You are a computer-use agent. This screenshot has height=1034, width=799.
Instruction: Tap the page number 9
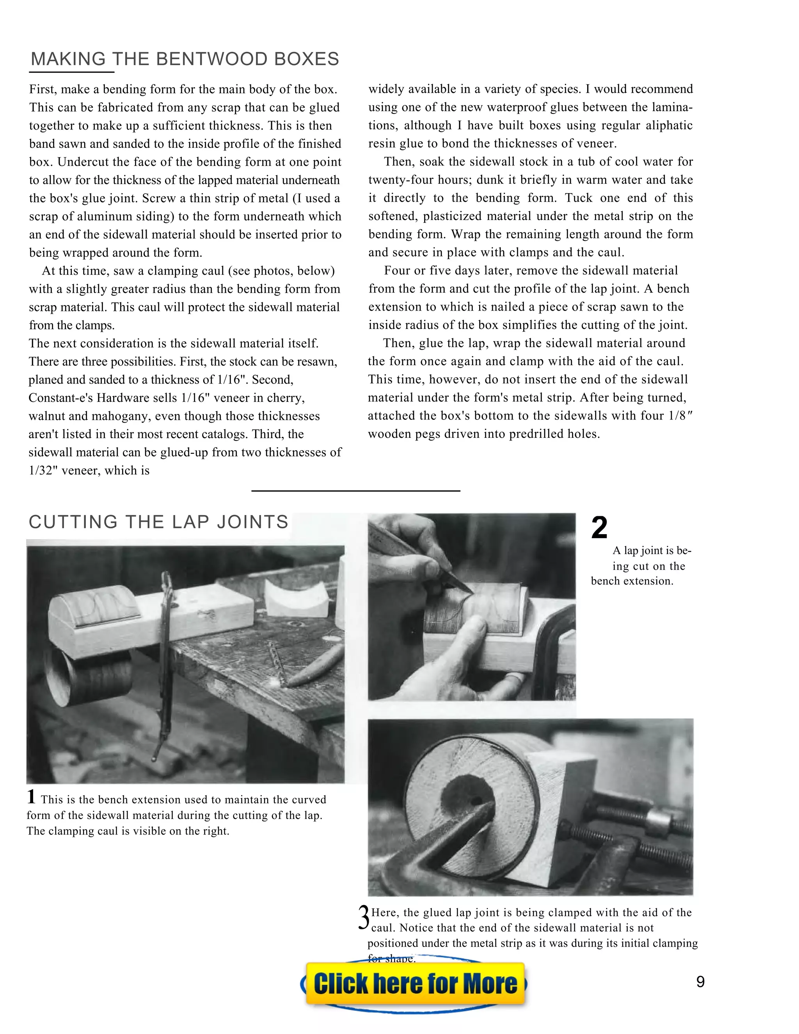[700, 982]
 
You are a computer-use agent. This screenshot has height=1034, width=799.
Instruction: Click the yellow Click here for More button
[415, 984]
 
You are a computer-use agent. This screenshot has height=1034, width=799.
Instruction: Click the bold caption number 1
[31, 797]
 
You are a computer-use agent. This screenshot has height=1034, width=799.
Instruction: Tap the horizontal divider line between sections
[355, 491]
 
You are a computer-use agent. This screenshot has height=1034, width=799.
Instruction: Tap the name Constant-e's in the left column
[60, 398]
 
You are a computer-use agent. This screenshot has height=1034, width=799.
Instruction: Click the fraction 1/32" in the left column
[44, 471]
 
